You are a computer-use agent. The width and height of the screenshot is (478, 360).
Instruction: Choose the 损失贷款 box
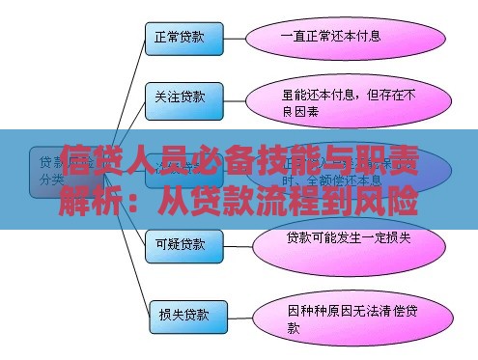[x=186, y=314]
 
